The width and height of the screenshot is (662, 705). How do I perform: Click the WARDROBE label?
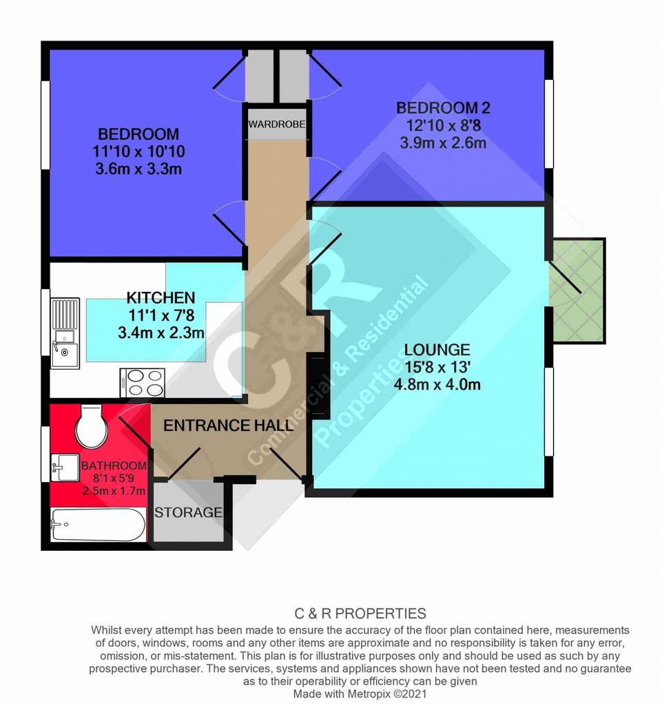point(277,124)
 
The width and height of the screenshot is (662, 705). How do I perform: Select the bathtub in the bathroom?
point(98,525)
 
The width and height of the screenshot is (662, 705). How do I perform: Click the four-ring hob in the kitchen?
point(143,383)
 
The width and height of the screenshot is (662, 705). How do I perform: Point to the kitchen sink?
point(65,333)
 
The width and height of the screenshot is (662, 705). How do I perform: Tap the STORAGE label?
point(189,512)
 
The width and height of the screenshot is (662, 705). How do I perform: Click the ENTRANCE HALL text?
point(228,425)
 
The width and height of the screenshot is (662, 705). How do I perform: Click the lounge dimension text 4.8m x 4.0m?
point(437,384)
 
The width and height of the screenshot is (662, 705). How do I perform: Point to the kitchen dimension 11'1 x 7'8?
point(161,315)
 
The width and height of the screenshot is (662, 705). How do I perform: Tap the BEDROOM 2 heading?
point(443,108)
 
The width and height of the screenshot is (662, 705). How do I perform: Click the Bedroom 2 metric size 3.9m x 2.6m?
point(443,143)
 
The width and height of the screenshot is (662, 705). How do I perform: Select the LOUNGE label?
point(437,349)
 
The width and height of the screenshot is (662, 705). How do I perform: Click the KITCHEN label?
point(161,297)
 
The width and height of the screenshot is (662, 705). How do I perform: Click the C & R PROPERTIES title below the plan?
point(360,613)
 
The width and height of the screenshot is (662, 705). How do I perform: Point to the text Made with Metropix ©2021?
point(360,694)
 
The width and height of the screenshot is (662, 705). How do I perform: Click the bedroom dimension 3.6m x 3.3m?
point(138,169)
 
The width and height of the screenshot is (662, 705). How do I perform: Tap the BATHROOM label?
point(114,465)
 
